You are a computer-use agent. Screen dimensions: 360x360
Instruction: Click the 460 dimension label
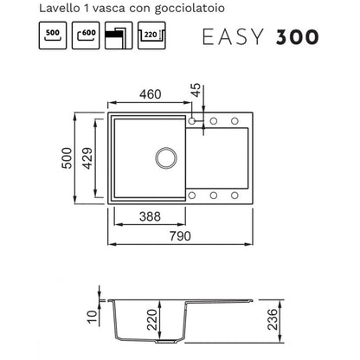tap(151, 94)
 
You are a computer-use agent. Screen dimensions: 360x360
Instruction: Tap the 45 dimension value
tap(196, 90)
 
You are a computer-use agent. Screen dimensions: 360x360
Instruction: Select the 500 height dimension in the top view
tap(67, 158)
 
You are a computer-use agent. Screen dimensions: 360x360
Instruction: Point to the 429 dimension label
tap(87, 158)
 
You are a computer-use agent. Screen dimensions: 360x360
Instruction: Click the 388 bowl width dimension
tap(150, 216)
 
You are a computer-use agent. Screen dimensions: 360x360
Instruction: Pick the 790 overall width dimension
tap(180, 236)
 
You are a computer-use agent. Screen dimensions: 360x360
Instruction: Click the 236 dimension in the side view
tap(273, 319)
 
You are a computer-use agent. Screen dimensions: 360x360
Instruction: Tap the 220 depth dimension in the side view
tap(152, 320)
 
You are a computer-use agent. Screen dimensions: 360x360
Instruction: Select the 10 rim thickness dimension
tap(93, 317)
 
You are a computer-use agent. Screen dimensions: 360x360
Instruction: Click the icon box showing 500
tap(53, 35)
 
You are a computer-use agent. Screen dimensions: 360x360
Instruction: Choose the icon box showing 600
tap(86, 35)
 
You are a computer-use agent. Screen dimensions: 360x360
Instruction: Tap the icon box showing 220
tap(151, 35)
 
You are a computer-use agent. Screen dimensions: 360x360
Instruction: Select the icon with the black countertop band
tap(119, 35)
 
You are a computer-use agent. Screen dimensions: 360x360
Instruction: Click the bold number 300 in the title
tap(298, 37)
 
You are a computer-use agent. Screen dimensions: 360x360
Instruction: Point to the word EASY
tap(233, 37)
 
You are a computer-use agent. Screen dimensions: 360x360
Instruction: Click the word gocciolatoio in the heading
tap(190, 9)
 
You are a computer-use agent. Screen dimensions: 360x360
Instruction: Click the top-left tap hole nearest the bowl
tap(192, 121)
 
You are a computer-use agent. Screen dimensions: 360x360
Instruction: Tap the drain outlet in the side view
tap(165, 341)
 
